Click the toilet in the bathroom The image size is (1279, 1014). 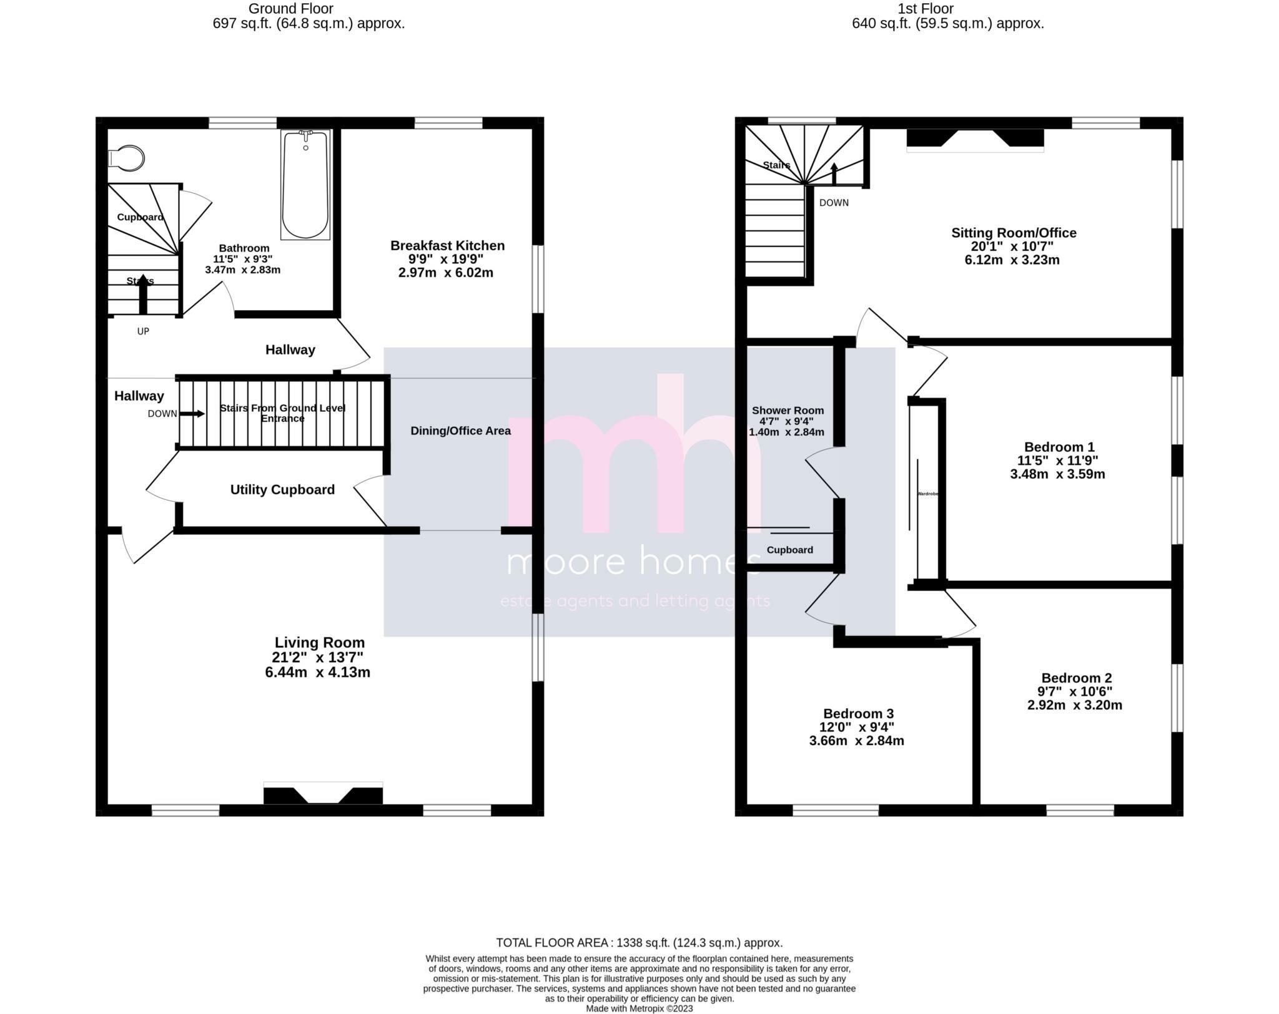point(127,158)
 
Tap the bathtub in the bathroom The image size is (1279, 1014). point(305,185)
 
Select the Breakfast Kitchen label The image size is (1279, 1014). point(447,246)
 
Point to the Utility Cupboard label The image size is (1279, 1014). point(282,490)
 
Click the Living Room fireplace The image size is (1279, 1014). point(323,794)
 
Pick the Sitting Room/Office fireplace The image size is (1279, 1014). point(975,139)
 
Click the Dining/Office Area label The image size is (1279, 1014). point(460,431)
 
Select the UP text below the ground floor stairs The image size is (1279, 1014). point(143,331)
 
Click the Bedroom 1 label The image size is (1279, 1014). point(1059,447)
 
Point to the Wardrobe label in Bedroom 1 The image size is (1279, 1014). point(927,494)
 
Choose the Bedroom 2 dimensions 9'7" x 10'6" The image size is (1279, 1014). point(1075,691)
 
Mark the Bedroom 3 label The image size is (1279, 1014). point(858,714)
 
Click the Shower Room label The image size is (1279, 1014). point(788,411)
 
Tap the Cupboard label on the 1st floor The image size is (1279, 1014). point(789,550)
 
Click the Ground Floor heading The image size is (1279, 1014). point(291,9)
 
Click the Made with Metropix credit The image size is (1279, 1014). point(639,1008)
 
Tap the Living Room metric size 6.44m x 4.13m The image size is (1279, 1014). point(317,673)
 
